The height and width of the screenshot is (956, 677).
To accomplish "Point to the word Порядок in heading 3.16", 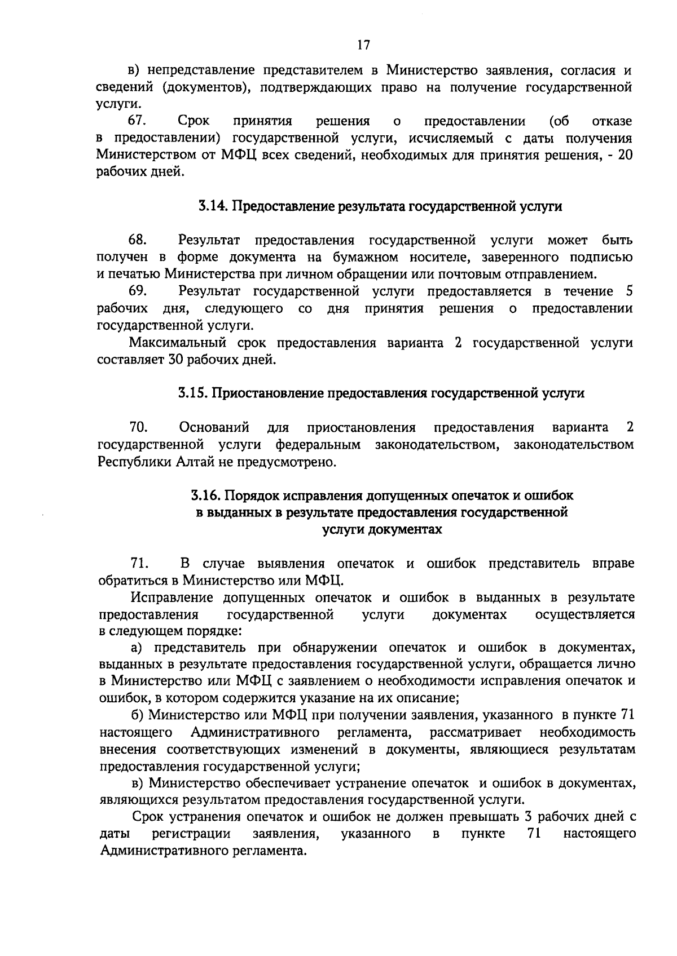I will pos(253,496).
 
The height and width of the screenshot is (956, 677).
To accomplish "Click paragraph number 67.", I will pos(138,121).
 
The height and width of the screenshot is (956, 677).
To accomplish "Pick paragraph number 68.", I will pos(138,241).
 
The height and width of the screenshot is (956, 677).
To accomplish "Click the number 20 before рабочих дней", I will pos(625,155).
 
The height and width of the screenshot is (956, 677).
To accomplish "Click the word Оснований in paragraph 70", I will pos(214,427).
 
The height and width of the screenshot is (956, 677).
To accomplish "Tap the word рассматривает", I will pos(475,733).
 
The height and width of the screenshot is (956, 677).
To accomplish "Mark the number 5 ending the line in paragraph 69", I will pos(629,291).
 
